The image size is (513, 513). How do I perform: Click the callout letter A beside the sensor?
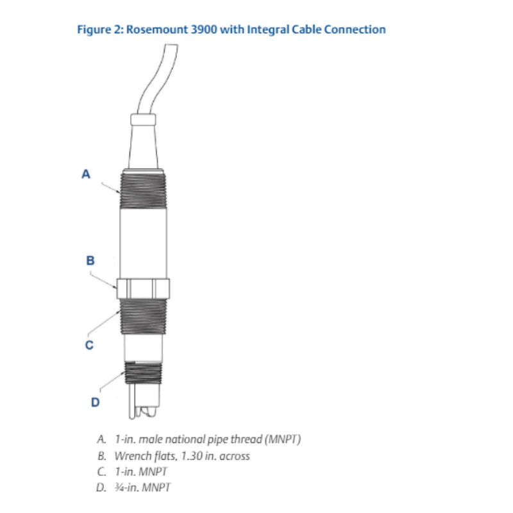pyautogui.click(x=86, y=174)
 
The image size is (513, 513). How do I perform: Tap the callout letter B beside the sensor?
pyautogui.click(x=90, y=260)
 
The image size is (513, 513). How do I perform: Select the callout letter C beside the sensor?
pyautogui.click(x=89, y=345)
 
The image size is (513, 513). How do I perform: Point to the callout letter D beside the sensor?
pyautogui.click(x=95, y=402)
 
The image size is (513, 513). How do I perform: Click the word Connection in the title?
pyautogui.click(x=355, y=29)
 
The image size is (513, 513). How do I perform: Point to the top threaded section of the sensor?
pyautogui.click(x=143, y=189)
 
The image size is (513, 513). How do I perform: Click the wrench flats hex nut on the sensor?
pyautogui.click(x=143, y=289)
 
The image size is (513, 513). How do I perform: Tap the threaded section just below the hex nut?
pyautogui.click(x=143, y=317)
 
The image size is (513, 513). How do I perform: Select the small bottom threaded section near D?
pyautogui.click(x=143, y=373)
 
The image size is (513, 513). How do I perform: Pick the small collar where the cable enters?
pyautogui.click(x=143, y=119)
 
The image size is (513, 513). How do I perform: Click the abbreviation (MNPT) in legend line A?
pyautogui.click(x=283, y=439)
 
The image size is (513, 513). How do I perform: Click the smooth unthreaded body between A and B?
pyautogui.click(x=143, y=244)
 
